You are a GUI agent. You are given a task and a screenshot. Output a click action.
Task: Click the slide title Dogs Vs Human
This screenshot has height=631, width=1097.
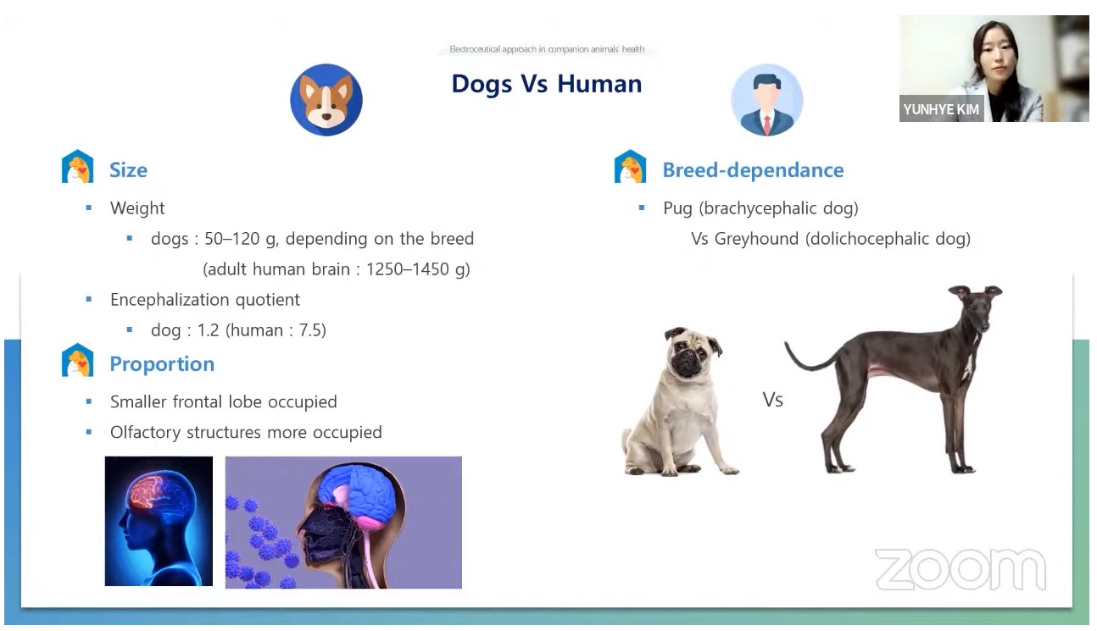click(x=547, y=84)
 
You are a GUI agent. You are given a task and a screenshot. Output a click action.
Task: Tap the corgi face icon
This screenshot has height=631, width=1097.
click(x=326, y=100)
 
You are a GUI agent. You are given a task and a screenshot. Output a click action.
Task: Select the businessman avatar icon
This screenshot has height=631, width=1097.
click(x=767, y=100)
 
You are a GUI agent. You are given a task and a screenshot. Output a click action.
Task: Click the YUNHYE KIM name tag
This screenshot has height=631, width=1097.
click(x=941, y=109)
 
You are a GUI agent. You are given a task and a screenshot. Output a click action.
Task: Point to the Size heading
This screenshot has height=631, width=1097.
click(x=128, y=170)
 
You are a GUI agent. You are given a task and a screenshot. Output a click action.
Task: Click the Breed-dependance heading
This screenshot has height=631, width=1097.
click(x=753, y=170)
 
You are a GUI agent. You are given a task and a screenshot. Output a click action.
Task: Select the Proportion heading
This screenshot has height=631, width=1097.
click(x=162, y=364)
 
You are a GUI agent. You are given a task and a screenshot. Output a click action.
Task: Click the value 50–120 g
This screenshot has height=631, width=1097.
click(x=241, y=239)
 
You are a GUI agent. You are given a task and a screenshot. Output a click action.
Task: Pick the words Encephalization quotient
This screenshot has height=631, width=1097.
click(x=204, y=300)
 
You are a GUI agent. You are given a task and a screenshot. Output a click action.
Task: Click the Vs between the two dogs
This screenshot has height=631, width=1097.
click(x=772, y=400)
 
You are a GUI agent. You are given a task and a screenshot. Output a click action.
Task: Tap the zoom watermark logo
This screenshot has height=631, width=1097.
click(x=961, y=569)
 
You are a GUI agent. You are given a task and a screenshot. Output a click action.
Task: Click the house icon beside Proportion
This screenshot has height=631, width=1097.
click(x=77, y=361)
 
